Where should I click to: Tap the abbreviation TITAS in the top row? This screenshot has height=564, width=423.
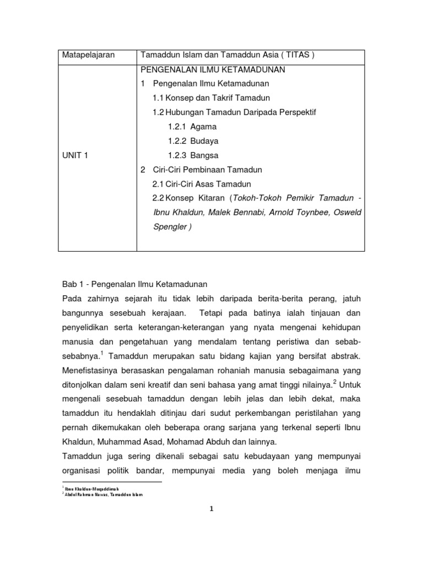290,56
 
